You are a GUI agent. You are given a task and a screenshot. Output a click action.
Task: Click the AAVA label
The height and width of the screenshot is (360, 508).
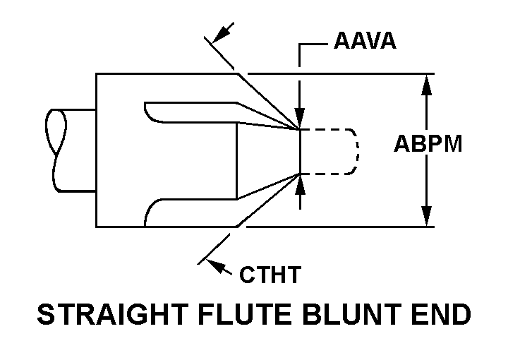[364, 41]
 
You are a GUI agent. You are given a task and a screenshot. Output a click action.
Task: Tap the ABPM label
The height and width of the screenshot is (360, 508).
[428, 145]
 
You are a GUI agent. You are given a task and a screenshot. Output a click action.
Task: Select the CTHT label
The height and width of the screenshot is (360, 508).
[270, 274]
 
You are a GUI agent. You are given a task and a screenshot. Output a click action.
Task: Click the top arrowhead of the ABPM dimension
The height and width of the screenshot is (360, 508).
[426, 84]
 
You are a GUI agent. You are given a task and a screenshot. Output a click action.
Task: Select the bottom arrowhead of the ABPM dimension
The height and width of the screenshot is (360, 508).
[426, 216]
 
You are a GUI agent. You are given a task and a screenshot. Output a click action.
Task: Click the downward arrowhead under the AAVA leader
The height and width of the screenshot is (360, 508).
[301, 119]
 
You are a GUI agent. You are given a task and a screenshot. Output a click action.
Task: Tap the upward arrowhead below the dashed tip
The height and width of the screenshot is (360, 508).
[301, 185]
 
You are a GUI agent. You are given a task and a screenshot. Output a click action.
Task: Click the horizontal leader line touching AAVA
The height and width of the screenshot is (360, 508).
[314, 44]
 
